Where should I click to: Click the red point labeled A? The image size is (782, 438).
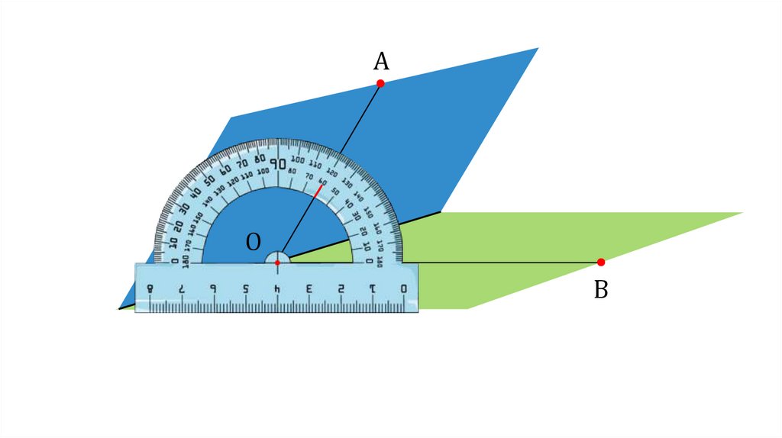(x=380, y=83)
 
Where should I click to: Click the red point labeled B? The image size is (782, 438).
(x=601, y=262)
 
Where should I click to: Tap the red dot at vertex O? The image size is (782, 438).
(x=278, y=262)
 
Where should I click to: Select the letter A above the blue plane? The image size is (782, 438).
(x=381, y=61)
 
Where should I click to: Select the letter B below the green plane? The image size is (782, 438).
(x=601, y=290)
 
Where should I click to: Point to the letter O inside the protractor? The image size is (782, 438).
(x=254, y=242)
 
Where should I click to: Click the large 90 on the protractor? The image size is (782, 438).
(x=278, y=163)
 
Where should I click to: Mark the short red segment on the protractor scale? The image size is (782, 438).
(x=318, y=190)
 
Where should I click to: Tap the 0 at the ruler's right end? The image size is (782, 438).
(x=403, y=289)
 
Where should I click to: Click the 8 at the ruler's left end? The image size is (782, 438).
(x=150, y=289)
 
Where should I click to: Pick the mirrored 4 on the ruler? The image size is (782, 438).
(x=277, y=289)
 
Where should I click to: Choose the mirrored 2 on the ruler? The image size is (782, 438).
(x=341, y=289)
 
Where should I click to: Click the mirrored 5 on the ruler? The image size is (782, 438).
(x=245, y=289)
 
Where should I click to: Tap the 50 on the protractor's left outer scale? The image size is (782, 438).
(x=208, y=180)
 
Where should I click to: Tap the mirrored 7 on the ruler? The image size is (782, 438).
(x=182, y=289)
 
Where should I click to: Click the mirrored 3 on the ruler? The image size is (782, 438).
(x=309, y=289)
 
